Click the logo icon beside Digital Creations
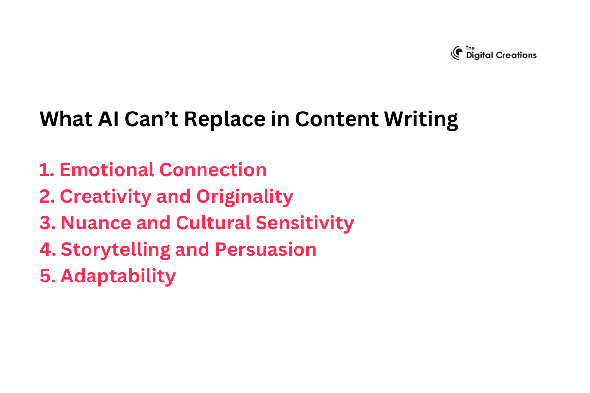pyautogui.click(x=457, y=53)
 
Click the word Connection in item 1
pyautogui.click(x=213, y=170)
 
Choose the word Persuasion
pyautogui.click(x=265, y=250)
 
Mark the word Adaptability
pyautogui.click(x=118, y=277)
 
